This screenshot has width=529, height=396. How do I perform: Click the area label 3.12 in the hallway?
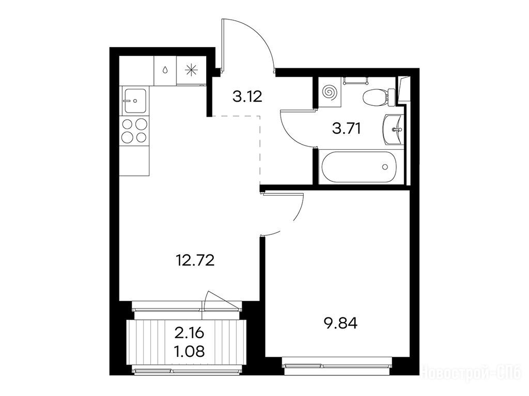click(247, 98)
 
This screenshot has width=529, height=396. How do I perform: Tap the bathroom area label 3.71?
click(347, 129)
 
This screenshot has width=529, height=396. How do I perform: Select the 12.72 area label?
click(195, 260)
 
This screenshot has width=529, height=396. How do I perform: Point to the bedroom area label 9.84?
click(340, 324)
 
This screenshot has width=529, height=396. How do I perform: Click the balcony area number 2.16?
click(189, 333)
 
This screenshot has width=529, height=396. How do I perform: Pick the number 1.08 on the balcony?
click(189, 352)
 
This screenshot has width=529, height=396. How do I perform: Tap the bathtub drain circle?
click(385, 167)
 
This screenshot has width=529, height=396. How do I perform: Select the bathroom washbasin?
click(393, 129)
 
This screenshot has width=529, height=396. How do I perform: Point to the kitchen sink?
click(135, 100)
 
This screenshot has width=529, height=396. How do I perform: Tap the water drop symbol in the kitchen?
click(165, 70)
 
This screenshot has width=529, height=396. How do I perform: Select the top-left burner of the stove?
click(128, 124)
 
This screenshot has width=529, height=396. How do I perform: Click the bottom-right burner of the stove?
click(142, 137)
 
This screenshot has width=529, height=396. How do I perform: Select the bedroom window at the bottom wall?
click(338, 366)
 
